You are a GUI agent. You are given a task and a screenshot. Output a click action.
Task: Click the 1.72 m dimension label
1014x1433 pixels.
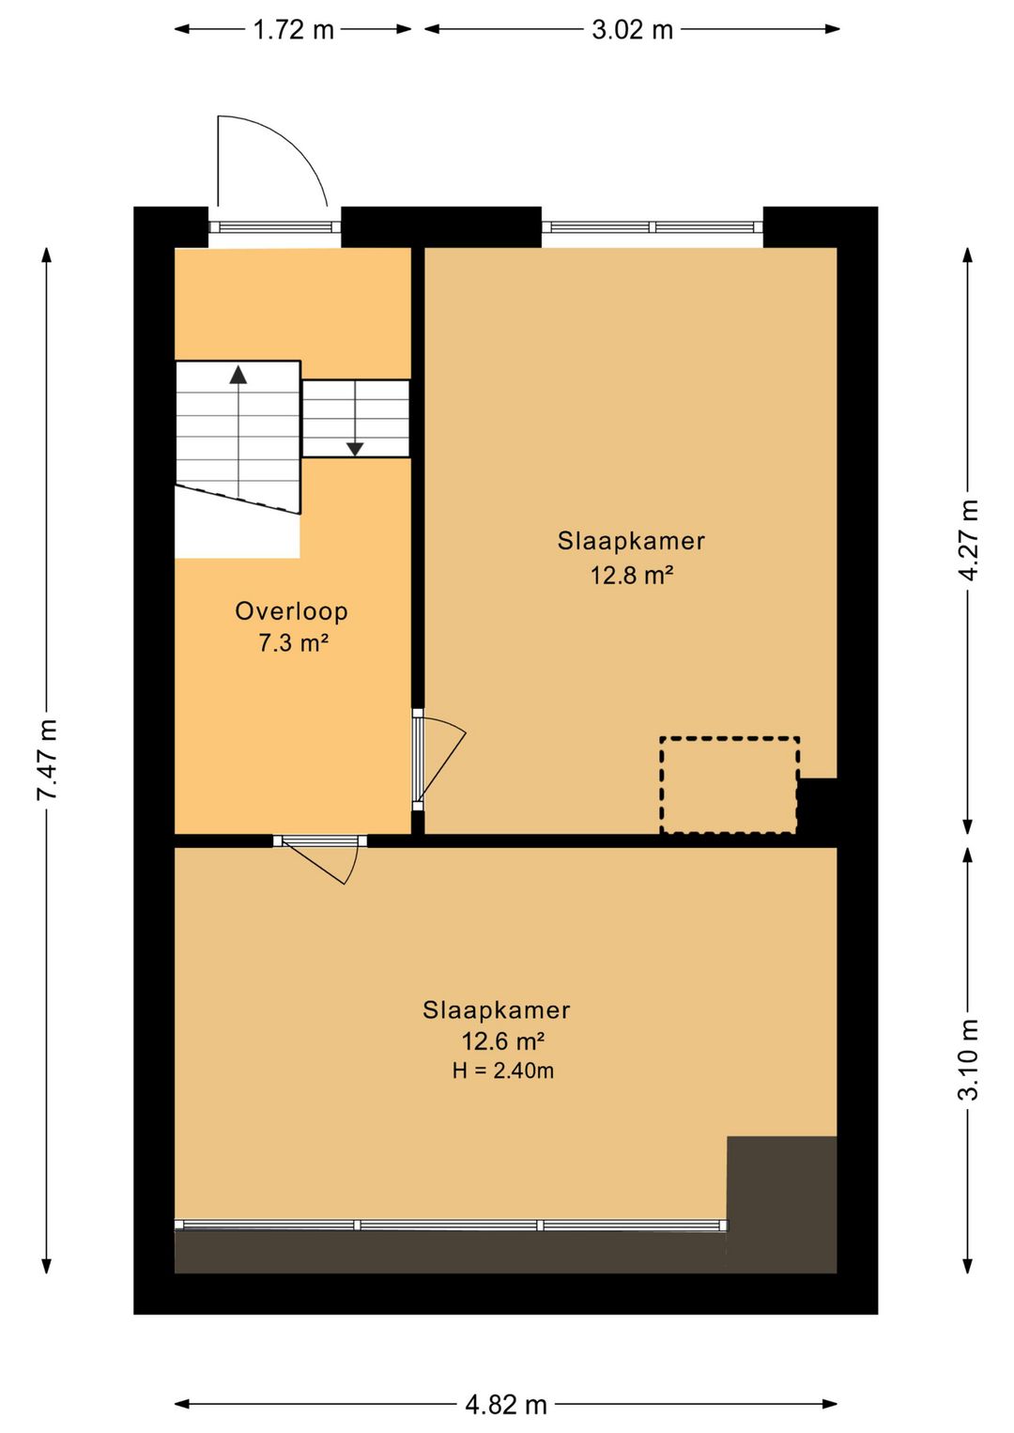tap(294, 29)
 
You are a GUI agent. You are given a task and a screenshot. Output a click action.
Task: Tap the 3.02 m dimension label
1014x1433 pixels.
tap(632, 29)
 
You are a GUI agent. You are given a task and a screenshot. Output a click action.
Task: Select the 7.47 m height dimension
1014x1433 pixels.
tap(47, 760)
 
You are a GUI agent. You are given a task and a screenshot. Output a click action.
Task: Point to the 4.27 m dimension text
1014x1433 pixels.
tap(968, 541)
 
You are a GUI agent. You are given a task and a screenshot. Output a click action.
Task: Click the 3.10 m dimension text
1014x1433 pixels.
tap(968, 1058)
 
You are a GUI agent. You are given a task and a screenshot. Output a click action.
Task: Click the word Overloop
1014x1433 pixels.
tap(292, 611)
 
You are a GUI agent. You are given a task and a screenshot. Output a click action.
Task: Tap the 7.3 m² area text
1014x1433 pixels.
tap(293, 642)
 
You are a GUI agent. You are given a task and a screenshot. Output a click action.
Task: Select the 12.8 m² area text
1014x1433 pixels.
tap(632, 575)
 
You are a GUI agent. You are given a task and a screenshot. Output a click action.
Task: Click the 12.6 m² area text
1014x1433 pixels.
tap(503, 1041)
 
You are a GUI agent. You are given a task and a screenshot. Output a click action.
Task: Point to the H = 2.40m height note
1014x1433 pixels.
tap(503, 1071)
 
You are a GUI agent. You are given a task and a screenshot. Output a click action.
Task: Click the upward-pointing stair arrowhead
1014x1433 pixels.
tap(238, 375)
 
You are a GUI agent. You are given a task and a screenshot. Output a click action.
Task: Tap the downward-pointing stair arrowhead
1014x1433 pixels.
tap(355, 449)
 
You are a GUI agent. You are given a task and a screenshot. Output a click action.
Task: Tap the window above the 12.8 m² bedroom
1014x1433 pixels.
tap(653, 227)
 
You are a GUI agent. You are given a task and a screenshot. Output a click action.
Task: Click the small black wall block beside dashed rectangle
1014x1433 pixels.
tap(818, 806)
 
